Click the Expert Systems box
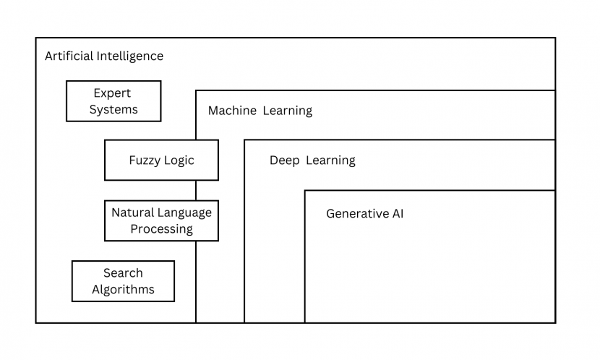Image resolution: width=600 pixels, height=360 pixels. [x=113, y=101]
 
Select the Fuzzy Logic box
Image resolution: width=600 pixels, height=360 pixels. [x=161, y=160]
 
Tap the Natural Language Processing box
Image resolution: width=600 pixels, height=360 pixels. [x=161, y=220]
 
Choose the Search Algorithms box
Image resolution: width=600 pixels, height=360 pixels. [x=123, y=281]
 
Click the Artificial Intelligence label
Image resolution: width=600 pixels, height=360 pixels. [x=104, y=56]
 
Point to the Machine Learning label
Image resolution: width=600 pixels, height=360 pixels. [x=260, y=111]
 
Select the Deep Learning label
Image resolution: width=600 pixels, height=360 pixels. [x=312, y=160]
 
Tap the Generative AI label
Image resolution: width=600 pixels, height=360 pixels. [x=364, y=214]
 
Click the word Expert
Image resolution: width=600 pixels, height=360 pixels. [x=112, y=93]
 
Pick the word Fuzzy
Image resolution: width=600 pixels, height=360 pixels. [x=145, y=160]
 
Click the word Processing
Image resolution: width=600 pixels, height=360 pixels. [x=161, y=229]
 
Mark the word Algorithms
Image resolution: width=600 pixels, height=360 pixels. [x=123, y=290]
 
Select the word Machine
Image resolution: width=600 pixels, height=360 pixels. [x=232, y=111]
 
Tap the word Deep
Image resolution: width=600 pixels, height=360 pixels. [x=284, y=160]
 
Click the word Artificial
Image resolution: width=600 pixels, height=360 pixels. [x=69, y=56]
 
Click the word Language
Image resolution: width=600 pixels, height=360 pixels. [x=185, y=213]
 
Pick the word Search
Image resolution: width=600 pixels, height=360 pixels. [x=123, y=273]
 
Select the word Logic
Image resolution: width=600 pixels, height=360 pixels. [x=179, y=160]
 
